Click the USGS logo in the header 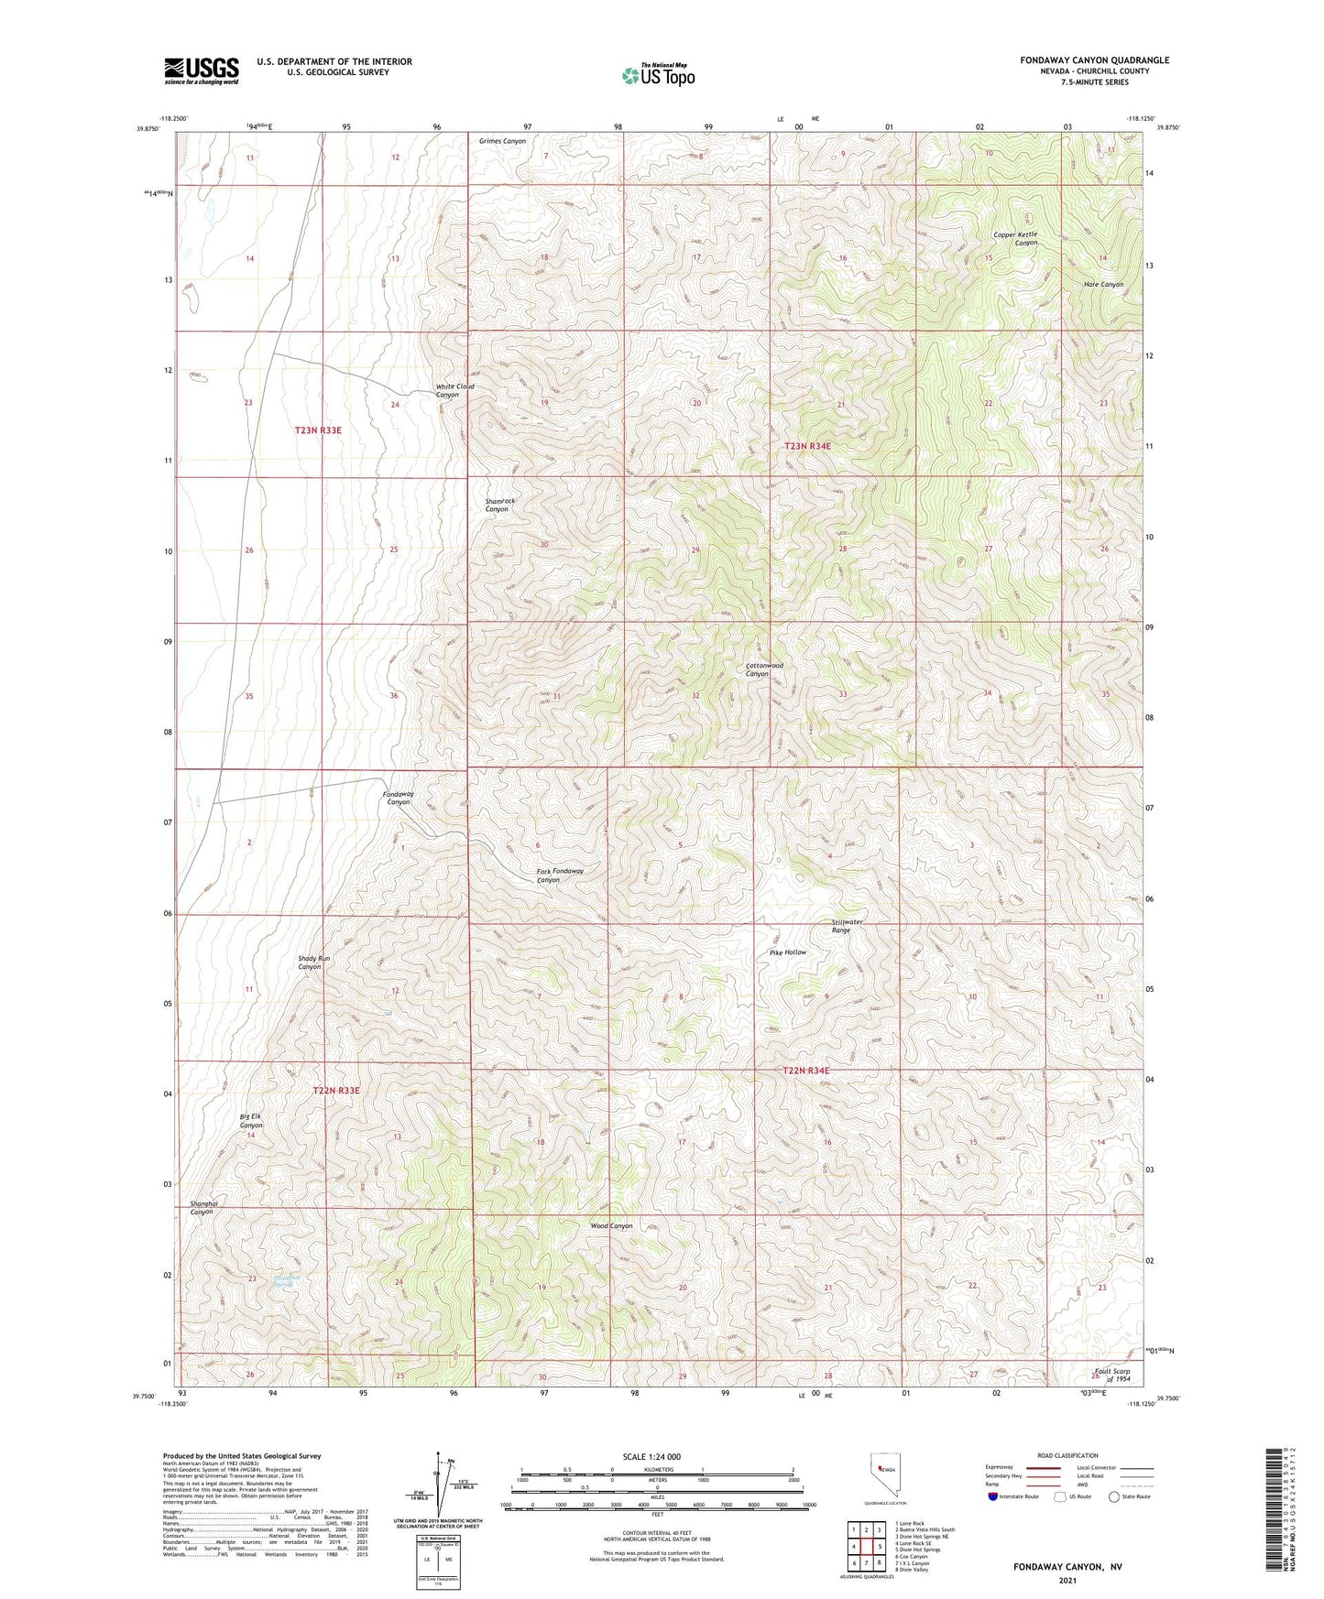[x=202, y=71]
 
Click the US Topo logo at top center [x=658, y=75]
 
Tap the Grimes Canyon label [x=502, y=141]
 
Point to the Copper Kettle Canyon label [x=1016, y=238]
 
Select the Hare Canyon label [x=1103, y=285]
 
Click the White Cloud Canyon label [x=454, y=390]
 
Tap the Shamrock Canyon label [x=499, y=505]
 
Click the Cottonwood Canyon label [x=763, y=669]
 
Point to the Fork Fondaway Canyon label [x=560, y=876]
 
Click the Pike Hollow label [x=788, y=952]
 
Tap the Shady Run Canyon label [x=312, y=963]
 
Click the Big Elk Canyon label [x=250, y=1121]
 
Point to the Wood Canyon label [x=611, y=1225]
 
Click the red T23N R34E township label [x=807, y=446]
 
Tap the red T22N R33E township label [x=336, y=1091]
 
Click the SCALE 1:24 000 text [x=651, y=1456]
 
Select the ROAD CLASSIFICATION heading [x=1067, y=1455]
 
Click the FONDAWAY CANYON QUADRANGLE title [x=1094, y=60]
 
